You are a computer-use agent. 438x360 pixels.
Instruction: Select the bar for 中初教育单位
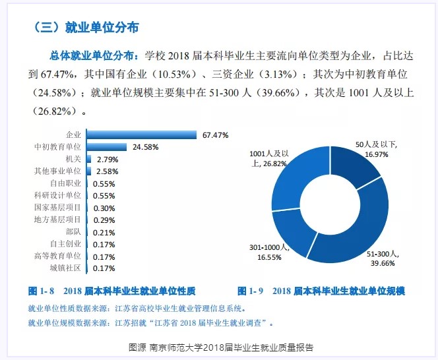[107, 147]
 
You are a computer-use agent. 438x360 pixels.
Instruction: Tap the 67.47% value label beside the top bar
[216, 135]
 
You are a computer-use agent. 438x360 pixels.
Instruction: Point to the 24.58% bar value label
[146, 147]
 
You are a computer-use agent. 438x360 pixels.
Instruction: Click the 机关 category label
[73, 159]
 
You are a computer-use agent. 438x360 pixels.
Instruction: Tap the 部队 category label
[73, 231]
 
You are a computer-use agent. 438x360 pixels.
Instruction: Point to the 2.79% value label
[108, 160]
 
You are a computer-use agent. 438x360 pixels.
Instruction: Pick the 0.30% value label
[104, 208]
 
